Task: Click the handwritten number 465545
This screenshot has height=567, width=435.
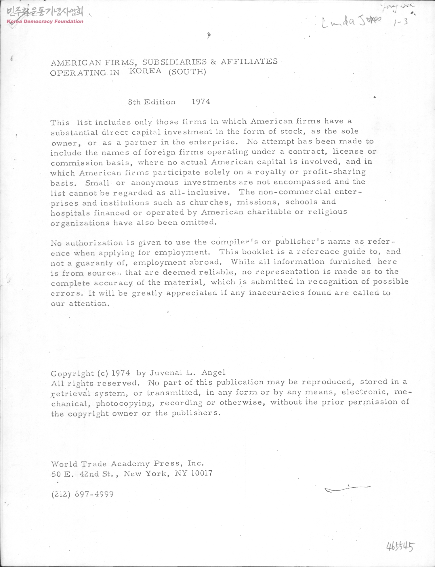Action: pos(401,546)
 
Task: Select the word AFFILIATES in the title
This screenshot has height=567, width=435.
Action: pos(249,62)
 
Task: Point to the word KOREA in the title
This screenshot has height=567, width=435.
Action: pos(145,71)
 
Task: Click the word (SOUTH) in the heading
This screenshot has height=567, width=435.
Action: pos(187,72)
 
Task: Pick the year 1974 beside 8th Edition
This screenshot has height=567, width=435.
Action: pos(201,102)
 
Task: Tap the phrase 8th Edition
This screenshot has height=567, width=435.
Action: pos(152,102)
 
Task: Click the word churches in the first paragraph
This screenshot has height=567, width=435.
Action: pos(211,202)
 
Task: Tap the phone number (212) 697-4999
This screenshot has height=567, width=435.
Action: pos(82,494)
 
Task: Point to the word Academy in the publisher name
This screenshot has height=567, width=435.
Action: pos(130,464)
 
